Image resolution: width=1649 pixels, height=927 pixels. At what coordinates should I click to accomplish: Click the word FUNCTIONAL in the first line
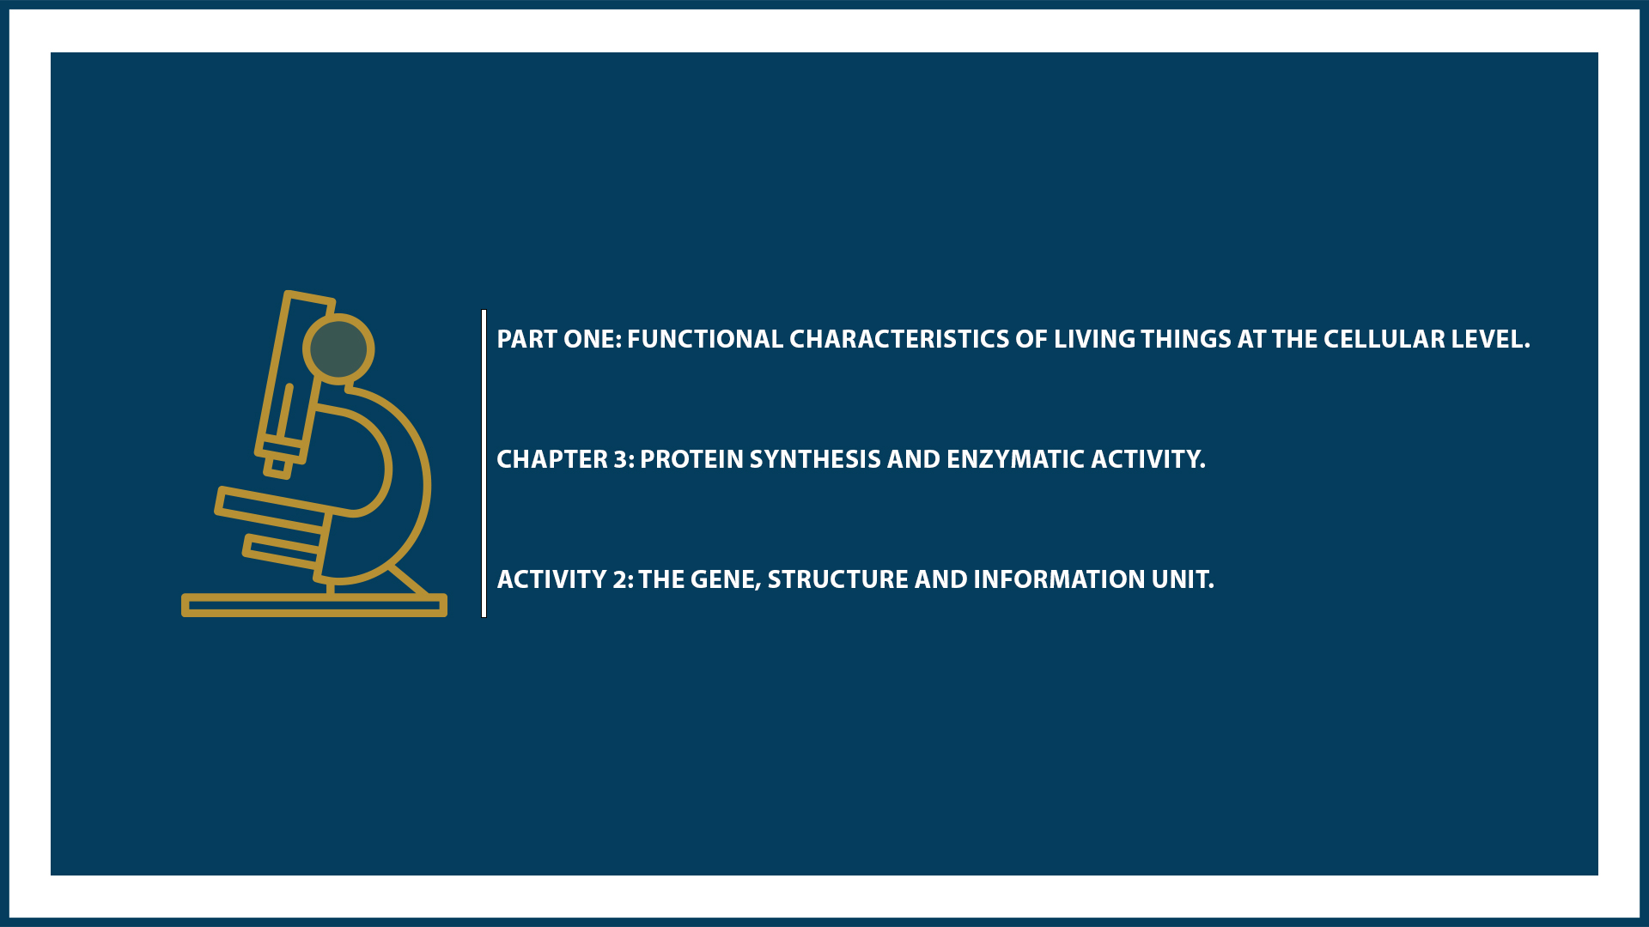click(x=704, y=339)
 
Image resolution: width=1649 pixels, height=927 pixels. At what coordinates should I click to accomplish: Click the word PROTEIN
click(x=691, y=459)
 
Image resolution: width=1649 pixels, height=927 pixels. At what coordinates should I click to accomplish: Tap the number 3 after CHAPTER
click(x=621, y=459)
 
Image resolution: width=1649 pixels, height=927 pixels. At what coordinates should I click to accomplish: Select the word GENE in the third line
click(x=725, y=579)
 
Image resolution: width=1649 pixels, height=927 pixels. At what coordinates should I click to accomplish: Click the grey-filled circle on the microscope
click(x=338, y=349)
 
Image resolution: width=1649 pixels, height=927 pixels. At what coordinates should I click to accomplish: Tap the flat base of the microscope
click(x=313, y=606)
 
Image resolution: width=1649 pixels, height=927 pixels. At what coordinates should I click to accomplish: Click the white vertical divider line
click(x=484, y=463)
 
